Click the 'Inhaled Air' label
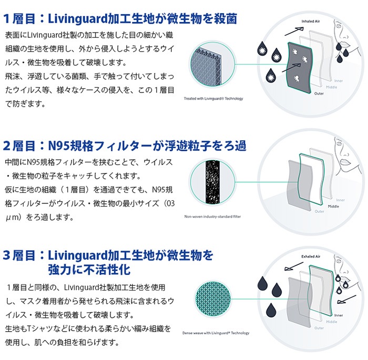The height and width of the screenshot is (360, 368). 311,22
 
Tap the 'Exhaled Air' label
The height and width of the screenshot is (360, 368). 311,256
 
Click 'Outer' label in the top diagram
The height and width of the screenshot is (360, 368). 319,93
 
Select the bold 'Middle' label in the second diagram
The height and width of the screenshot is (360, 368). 333,207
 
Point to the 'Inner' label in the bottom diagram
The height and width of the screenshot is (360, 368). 339,315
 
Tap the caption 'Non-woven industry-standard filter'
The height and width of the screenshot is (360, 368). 213,217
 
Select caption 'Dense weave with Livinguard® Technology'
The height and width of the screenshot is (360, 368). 216,333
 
